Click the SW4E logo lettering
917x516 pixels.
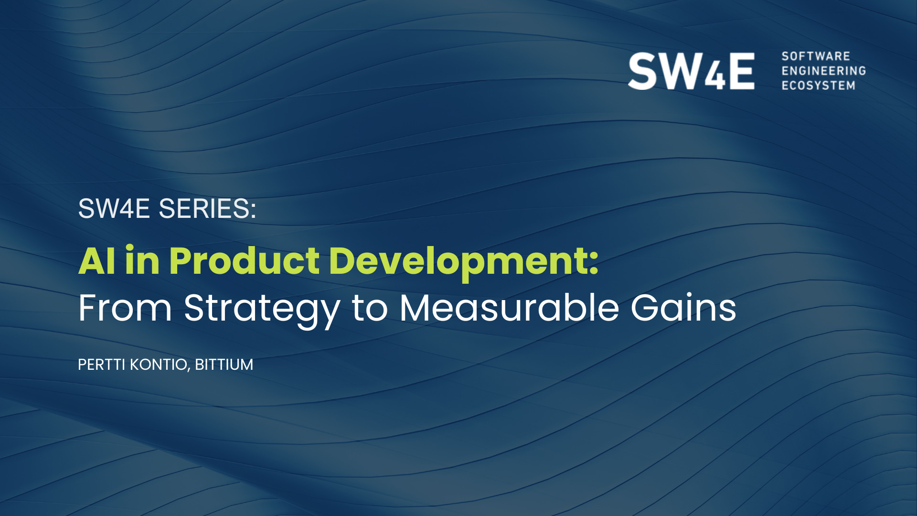click(x=691, y=71)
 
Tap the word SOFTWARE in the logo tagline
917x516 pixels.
click(x=816, y=56)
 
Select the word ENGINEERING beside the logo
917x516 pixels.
click(x=824, y=71)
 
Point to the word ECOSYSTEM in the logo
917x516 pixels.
click(x=819, y=86)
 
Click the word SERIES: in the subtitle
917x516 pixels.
click(x=207, y=209)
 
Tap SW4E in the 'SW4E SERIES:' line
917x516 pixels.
click(x=114, y=209)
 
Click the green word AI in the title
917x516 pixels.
click(x=97, y=261)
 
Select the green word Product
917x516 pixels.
click(x=244, y=261)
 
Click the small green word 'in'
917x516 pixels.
click(x=142, y=261)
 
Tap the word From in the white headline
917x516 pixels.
click(x=125, y=308)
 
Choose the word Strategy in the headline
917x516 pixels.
click(x=262, y=311)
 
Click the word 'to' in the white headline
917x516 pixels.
click(x=370, y=309)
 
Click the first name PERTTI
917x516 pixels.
click(x=102, y=365)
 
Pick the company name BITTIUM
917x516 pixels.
click(x=224, y=365)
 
